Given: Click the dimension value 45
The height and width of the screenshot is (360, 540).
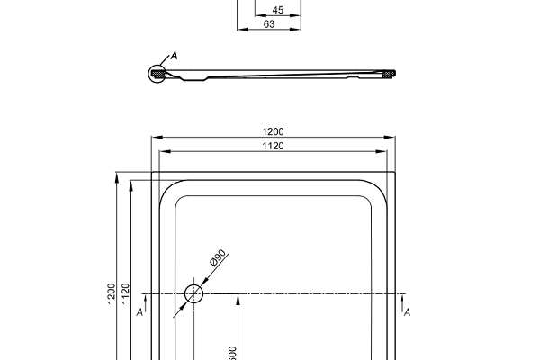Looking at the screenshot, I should point(277,10).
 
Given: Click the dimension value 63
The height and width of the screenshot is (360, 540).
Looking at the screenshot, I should point(269,24).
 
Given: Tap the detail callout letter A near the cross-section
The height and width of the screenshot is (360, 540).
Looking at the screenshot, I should point(175,56).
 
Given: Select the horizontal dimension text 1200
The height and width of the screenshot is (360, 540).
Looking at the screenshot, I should point(273,131).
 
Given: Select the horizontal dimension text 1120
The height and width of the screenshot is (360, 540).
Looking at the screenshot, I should point(273,146).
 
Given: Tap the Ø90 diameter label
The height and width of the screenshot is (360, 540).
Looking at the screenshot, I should point(218,261).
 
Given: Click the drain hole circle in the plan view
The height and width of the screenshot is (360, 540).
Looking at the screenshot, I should point(194,293).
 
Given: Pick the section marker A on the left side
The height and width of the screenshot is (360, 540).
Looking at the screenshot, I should point(139,313).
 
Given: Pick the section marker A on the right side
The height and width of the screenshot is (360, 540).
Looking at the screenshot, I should point(408,312).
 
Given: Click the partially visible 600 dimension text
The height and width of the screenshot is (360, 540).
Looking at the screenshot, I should point(232,352).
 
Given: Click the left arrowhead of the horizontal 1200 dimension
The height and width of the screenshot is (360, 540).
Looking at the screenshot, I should point(155,139).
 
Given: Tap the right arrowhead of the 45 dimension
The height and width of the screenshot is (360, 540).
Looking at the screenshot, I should point(298,16).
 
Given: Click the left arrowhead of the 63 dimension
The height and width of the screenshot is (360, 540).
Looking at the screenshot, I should point(240,31).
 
